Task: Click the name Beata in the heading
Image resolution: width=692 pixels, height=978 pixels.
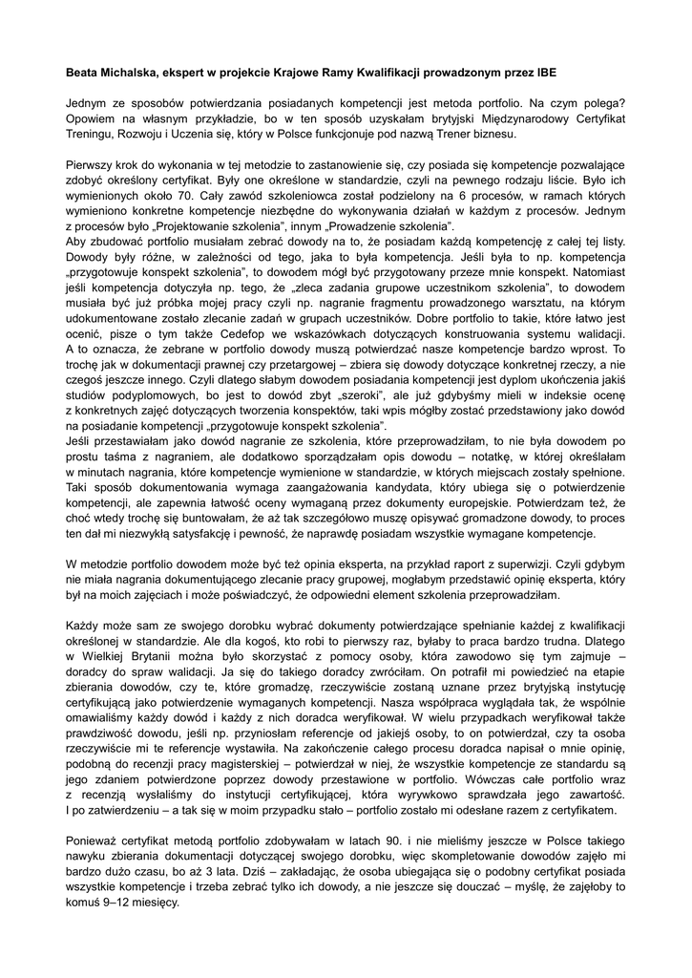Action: [x=83, y=71]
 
